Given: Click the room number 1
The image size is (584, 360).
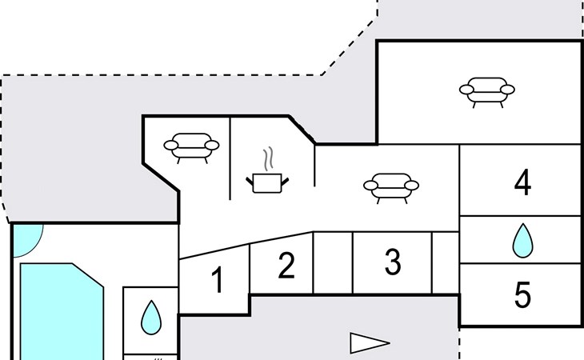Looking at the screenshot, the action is (218, 279).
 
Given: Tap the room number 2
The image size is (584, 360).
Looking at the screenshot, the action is (286, 265).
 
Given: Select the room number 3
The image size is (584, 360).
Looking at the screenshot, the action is (393, 262).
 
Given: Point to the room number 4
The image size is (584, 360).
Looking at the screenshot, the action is (522, 182).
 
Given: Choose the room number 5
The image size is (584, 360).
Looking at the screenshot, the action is (522, 294).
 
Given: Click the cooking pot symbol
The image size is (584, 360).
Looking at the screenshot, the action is (267, 183).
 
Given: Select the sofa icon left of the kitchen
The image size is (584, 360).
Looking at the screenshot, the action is (191, 148).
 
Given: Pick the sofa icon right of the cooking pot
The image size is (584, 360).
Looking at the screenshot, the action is (391, 188).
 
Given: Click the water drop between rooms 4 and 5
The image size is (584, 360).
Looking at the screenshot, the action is (522, 241).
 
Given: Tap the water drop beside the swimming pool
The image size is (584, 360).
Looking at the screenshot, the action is (151, 318).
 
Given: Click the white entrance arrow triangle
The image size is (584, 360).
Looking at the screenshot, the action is (370, 343).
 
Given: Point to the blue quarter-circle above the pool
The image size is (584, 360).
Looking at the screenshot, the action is (26, 238).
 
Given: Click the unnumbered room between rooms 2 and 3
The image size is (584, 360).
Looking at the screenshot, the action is (333, 263).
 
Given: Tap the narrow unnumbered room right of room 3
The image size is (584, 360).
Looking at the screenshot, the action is (446, 263).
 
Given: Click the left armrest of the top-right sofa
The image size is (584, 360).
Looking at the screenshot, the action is (466, 90).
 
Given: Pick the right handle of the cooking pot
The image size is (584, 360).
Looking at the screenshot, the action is (285, 182).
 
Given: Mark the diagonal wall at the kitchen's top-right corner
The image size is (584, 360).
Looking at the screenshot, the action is (302, 130).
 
